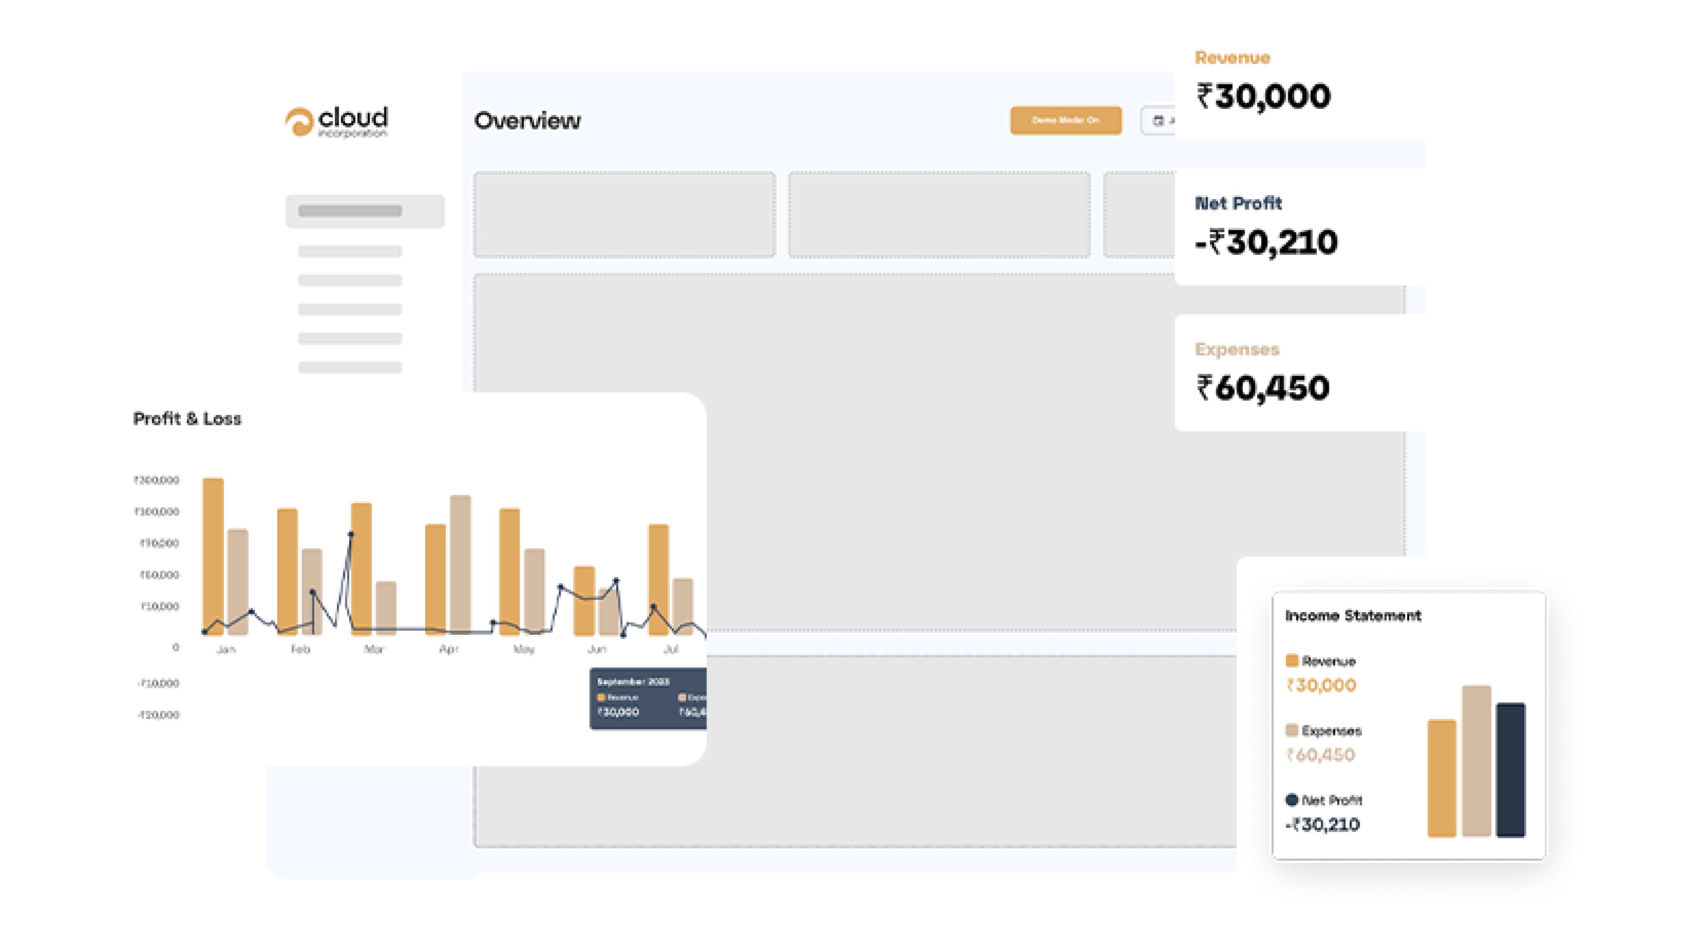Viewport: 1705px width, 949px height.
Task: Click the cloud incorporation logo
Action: point(336,122)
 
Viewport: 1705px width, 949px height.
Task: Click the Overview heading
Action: point(527,121)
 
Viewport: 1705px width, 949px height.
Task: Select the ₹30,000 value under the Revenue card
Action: point(1263,97)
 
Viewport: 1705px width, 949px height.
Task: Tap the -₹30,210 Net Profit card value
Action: point(1265,242)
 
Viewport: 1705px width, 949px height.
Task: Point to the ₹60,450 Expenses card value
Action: point(1262,388)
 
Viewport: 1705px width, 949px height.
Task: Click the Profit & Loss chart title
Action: point(187,419)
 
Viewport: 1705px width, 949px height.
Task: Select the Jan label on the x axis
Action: point(225,649)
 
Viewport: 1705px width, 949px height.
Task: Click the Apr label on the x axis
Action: point(449,649)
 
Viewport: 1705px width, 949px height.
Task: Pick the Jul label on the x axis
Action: point(671,649)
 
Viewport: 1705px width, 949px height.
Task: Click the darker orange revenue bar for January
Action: point(213,556)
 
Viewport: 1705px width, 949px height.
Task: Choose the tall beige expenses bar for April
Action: point(460,562)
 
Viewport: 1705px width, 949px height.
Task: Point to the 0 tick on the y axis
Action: point(176,647)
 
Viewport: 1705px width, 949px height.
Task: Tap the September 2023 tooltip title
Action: point(633,681)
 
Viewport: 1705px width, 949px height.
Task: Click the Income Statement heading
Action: point(1353,616)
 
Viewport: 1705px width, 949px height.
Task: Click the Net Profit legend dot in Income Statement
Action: point(1291,800)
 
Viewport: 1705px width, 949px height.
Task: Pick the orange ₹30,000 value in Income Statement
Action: point(1321,686)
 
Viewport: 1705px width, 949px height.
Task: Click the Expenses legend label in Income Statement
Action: point(1331,731)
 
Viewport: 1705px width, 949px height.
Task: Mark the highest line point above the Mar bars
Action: point(351,534)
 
